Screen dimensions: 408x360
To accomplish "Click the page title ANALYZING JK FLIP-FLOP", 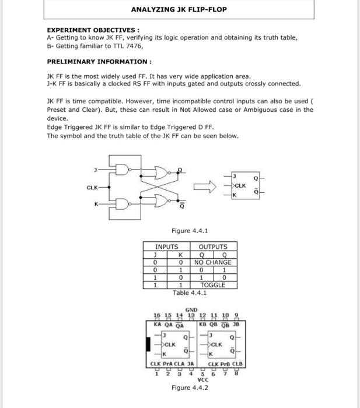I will coord(179,9).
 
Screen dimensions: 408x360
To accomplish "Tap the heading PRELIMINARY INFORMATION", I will coord(99,62).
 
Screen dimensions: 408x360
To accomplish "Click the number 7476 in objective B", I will coord(132,45).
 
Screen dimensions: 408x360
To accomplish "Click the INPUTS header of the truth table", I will coord(166,247).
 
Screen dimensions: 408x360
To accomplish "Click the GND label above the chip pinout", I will coord(191,309).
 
